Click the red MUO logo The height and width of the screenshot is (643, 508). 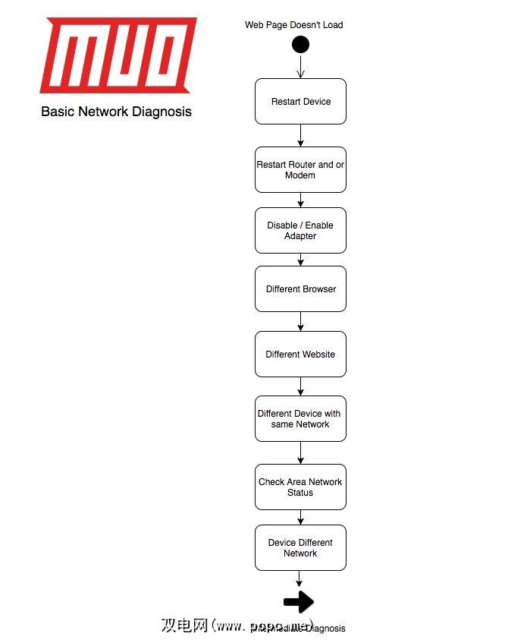tap(118, 55)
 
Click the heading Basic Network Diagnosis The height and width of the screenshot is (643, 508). tap(116, 112)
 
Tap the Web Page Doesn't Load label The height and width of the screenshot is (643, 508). tap(293, 25)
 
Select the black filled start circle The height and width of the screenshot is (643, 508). tap(300, 44)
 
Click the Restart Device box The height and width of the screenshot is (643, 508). tap(300, 101)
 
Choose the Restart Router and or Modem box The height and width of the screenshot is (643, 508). tap(300, 169)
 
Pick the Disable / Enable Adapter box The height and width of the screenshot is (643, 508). tap(300, 230)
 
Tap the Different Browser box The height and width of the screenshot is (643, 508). tap(300, 288)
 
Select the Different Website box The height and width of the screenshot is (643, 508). tap(300, 354)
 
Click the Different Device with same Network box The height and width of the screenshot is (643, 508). tap(300, 418)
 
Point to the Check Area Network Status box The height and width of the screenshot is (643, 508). tap(300, 487)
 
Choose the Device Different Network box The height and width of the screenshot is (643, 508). tap(300, 547)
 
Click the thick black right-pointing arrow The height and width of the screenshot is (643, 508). tap(299, 602)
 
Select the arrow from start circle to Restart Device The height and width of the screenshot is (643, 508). tap(300, 66)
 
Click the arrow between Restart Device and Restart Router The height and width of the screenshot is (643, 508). tap(300, 135)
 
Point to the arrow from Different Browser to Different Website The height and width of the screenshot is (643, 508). tap(300, 321)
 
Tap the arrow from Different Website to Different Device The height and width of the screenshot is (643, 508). tap(300, 386)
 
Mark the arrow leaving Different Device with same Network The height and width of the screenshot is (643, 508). tap(300, 452)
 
